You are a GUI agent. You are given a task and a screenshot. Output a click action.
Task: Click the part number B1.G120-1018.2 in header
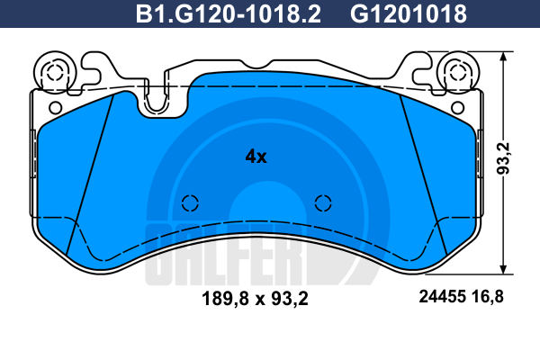pos(229,13)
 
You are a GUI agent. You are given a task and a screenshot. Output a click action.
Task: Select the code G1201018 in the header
pos(409,13)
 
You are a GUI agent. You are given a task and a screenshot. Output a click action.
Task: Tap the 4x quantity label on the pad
pos(256,157)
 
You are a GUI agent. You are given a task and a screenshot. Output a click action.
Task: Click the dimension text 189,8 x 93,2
pos(256,298)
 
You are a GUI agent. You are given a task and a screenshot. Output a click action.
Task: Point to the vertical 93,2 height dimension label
pos(503,158)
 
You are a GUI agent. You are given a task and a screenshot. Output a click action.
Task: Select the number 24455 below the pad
pos(442,297)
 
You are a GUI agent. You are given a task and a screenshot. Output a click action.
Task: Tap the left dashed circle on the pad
pos(190,203)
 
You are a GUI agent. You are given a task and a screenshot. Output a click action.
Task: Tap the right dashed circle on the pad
pos(323,202)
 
